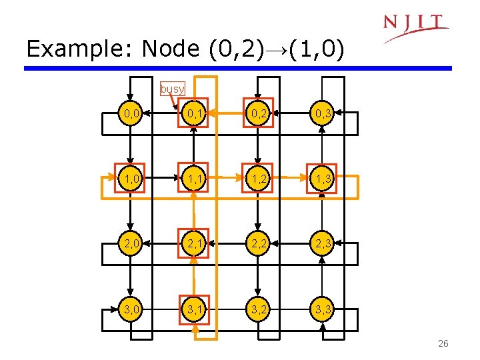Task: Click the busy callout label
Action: (x=173, y=89)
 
